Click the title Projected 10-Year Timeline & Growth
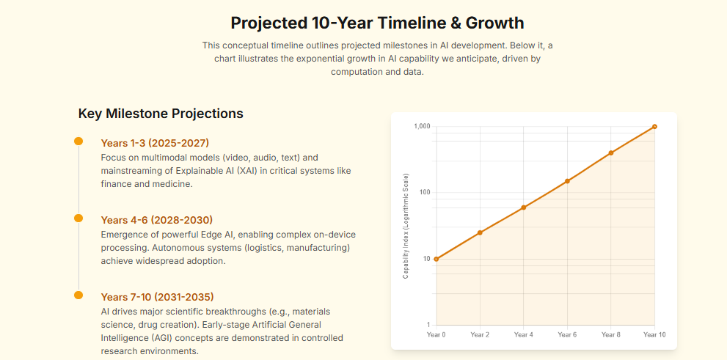pyautogui.click(x=377, y=23)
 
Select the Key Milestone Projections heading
pyautogui.click(x=161, y=114)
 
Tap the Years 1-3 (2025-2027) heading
pyautogui.click(x=155, y=143)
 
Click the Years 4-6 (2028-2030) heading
pyautogui.click(x=156, y=220)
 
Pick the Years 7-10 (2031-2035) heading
pyautogui.click(x=157, y=297)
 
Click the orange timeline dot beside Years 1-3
pyautogui.click(x=78, y=142)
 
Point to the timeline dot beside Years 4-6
pyautogui.click(x=78, y=218)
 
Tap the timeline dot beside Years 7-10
pyautogui.click(x=78, y=295)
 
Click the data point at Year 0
pyautogui.click(x=436, y=259)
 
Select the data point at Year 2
pyautogui.click(x=480, y=232)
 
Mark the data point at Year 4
pyautogui.click(x=524, y=207)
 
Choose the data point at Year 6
pyautogui.click(x=567, y=181)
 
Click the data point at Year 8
pyautogui.click(x=611, y=153)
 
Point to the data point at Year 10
pyautogui.click(x=654, y=127)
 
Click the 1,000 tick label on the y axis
pyautogui.click(x=421, y=127)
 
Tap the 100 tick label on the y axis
pyautogui.click(x=423, y=193)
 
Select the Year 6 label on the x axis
pyautogui.click(x=567, y=335)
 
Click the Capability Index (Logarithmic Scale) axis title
pyautogui.click(x=406, y=226)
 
